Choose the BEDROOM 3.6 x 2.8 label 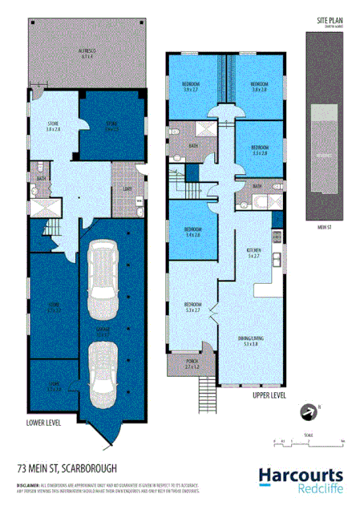click(258, 86)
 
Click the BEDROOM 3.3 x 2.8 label click(258, 149)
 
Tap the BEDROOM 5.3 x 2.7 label click(193, 308)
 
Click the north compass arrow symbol click(305, 411)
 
